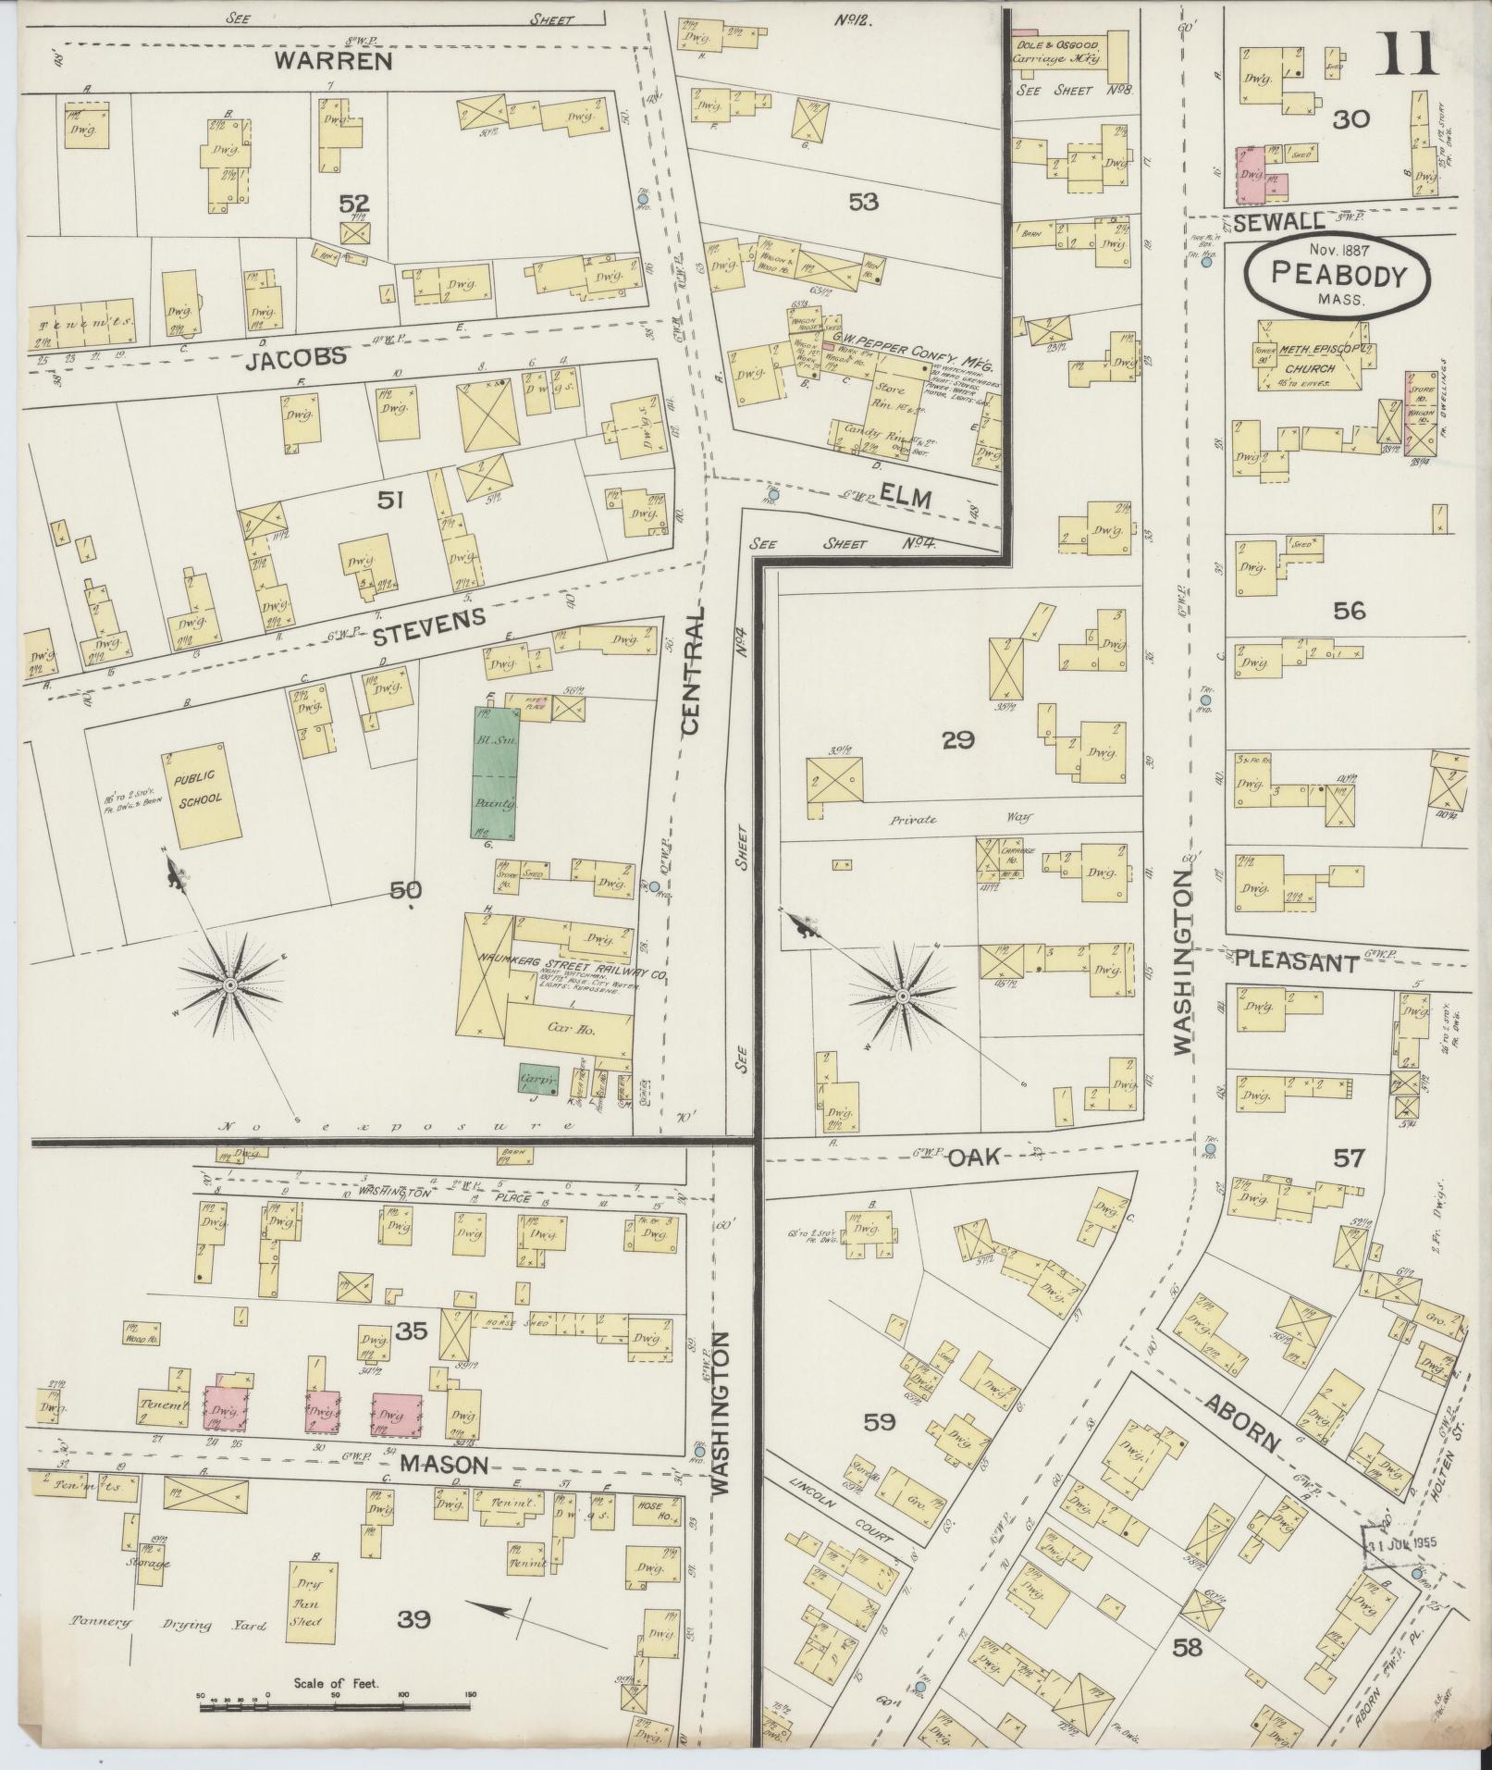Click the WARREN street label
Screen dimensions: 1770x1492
(x=333, y=63)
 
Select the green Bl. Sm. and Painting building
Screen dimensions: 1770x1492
(x=495, y=774)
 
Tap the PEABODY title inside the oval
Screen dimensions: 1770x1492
(x=1338, y=274)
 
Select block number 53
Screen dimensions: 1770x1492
(x=862, y=201)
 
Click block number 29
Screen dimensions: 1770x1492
(x=959, y=739)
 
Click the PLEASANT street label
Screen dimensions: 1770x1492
(x=1296, y=963)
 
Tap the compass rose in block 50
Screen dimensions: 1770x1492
(x=228, y=985)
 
